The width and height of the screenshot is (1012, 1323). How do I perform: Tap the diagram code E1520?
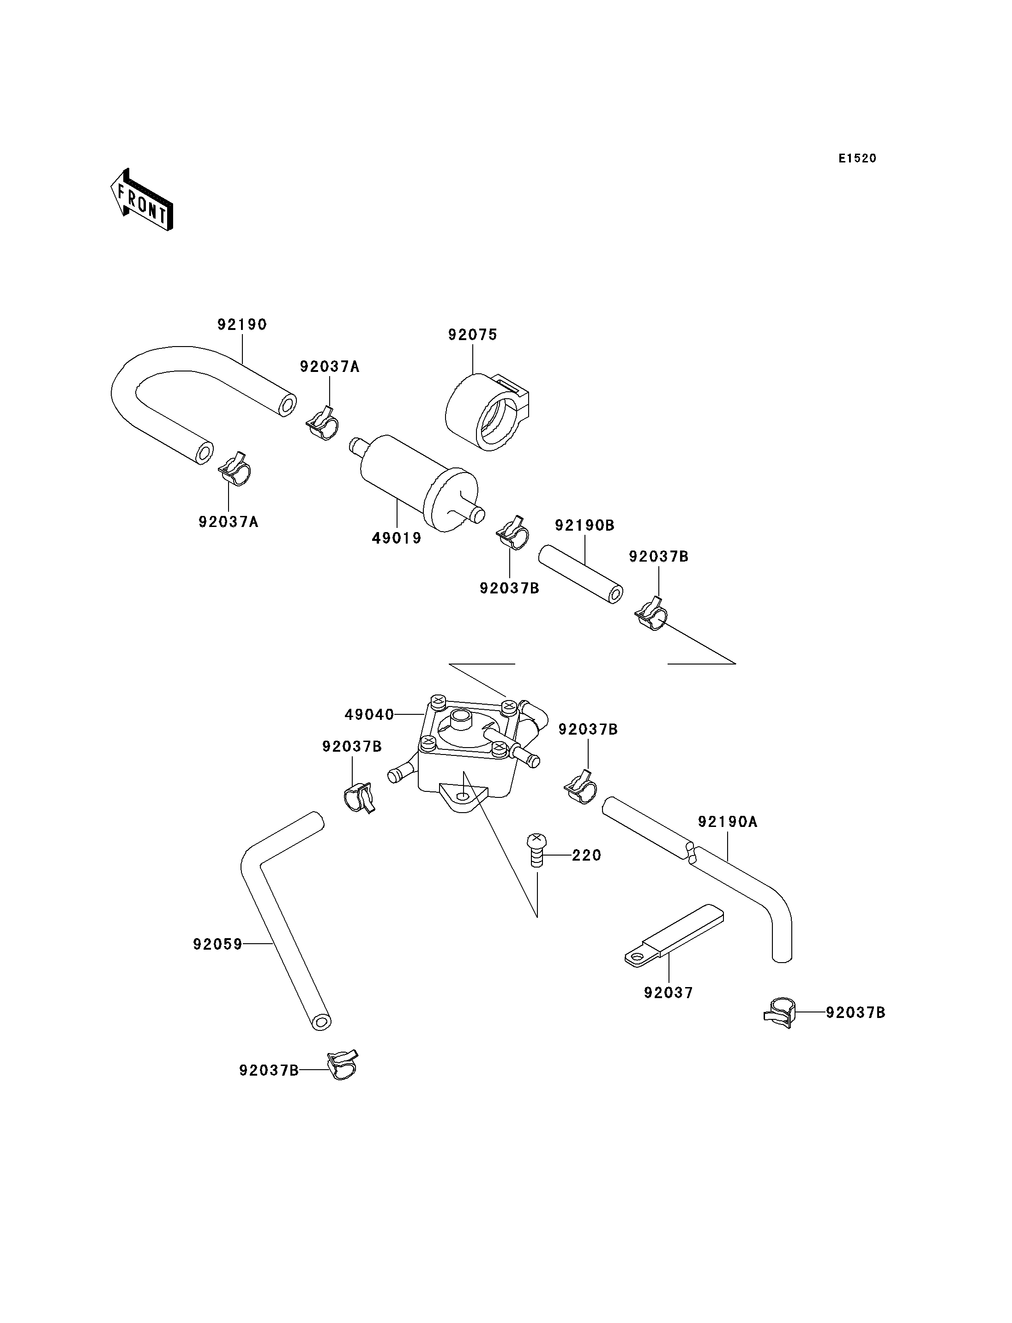point(857,158)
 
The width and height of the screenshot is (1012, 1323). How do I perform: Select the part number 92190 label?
point(242,324)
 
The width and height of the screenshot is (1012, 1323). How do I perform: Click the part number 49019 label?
point(397,539)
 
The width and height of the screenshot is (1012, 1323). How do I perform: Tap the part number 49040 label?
point(369,715)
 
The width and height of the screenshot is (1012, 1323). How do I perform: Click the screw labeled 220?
point(536,850)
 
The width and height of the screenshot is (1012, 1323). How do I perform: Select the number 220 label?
point(587,855)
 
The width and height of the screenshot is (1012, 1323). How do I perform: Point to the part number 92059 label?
point(217,944)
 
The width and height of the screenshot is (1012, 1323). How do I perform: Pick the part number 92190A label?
point(728,821)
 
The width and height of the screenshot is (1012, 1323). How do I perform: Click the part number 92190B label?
point(584,526)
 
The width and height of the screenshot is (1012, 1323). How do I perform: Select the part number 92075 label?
point(473,335)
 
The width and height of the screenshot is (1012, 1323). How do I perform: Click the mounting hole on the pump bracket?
point(462,796)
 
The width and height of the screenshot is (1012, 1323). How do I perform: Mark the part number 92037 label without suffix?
point(669,993)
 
